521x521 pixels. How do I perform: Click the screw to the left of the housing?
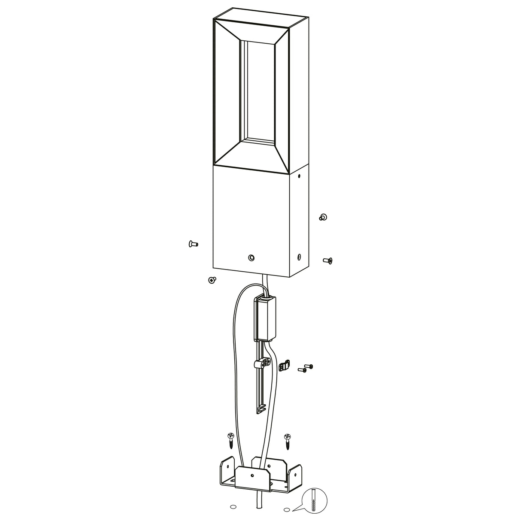[193, 244]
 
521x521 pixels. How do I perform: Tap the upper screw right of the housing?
[323, 217]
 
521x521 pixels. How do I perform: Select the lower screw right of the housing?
[327, 260]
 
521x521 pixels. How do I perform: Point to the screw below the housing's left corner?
[211, 280]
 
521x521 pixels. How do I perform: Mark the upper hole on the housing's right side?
[299, 176]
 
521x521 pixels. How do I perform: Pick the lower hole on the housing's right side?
[299, 257]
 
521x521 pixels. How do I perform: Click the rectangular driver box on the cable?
[266, 318]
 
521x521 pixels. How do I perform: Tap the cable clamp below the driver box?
[262, 365]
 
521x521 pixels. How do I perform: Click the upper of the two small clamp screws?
[309, 366]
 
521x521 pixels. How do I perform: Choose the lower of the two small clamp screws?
[302, 370]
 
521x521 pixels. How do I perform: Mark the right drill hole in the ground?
[287, 510]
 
